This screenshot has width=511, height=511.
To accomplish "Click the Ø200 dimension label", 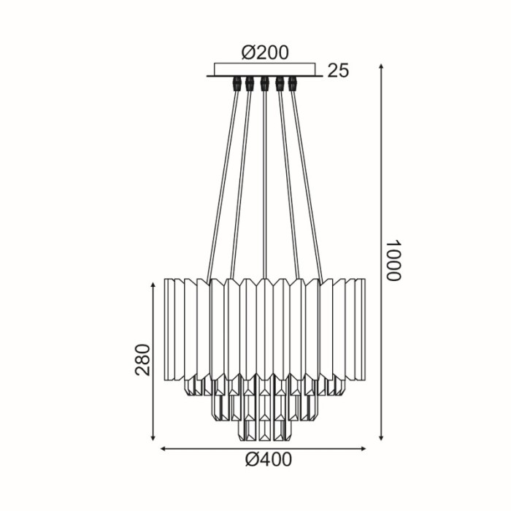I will (265, 53).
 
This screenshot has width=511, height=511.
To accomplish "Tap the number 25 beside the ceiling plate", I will (338, 71).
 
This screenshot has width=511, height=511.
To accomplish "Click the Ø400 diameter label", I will (265, 459).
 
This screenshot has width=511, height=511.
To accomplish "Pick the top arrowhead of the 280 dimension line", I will (153, 285).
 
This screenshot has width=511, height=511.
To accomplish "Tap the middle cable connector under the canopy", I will (264, 83).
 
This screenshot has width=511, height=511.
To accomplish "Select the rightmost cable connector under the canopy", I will (293, 83).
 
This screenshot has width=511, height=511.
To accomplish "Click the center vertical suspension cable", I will (264, 182).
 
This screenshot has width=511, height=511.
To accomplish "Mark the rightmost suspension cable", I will (307, 182).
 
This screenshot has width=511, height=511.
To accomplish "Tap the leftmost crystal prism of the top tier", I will (171, 328).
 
